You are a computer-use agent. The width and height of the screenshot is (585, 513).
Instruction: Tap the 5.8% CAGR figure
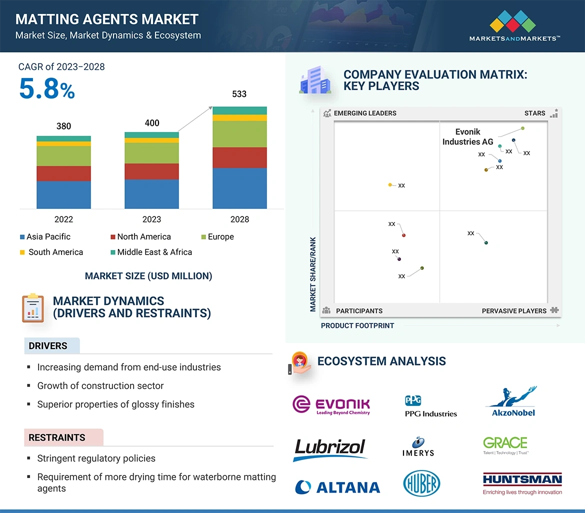click(x=47, y=88)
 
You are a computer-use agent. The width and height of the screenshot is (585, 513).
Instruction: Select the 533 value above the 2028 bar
click(x=239, y=94)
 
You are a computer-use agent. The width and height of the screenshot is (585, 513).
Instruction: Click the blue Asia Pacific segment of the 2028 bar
click(x=239, y=188)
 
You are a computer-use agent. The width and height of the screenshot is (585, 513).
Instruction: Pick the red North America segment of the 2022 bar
click(x=63, y=173)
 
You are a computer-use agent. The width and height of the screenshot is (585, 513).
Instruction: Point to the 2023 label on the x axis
click(x=151, y=219)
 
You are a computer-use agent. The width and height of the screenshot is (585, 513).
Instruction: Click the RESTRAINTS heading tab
click(x=57, y=437)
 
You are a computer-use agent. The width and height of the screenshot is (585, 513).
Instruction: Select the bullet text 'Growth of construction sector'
click(x=100, y=385)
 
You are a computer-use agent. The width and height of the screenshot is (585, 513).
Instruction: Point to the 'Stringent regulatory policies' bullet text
click(x=96, y=458)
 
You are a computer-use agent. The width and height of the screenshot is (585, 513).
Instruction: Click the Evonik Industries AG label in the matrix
click(x=467, y=137)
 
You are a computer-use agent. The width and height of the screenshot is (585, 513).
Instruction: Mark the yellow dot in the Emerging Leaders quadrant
click(x=390, y=185)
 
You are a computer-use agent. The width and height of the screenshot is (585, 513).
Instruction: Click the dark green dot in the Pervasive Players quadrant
click(x=486, y=243)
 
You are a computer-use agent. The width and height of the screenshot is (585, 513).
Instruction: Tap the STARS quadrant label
click(x=534, y=113)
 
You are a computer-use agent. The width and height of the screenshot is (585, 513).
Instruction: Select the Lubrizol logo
click(x=330, y=448)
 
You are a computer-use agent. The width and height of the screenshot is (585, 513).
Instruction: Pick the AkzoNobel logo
click(x=510, y=402)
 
